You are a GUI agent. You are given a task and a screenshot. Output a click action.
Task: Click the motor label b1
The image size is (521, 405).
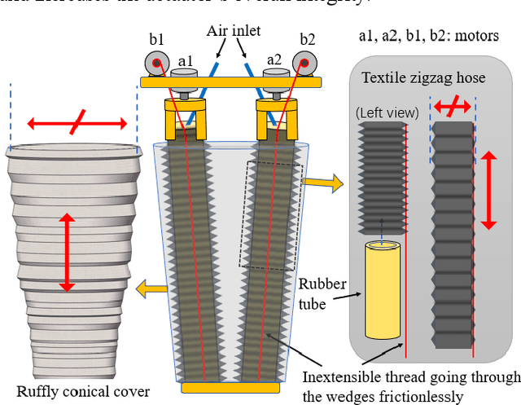[155, 39]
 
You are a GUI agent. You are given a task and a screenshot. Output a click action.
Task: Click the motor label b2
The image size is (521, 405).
[307, 39]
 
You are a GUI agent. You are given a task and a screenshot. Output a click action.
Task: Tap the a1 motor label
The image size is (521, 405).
[186, 60]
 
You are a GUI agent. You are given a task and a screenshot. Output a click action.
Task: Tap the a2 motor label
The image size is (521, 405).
[274, 59]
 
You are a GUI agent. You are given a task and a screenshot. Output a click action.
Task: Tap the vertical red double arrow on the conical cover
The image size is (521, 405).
[66, 253]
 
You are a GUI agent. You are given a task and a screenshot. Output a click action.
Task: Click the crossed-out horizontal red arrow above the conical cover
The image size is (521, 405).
[77, 124]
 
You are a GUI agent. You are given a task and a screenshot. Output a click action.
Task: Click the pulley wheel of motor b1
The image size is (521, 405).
[153, 64]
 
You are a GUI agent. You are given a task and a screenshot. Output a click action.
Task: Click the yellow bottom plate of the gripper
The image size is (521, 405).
[231, 388]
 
